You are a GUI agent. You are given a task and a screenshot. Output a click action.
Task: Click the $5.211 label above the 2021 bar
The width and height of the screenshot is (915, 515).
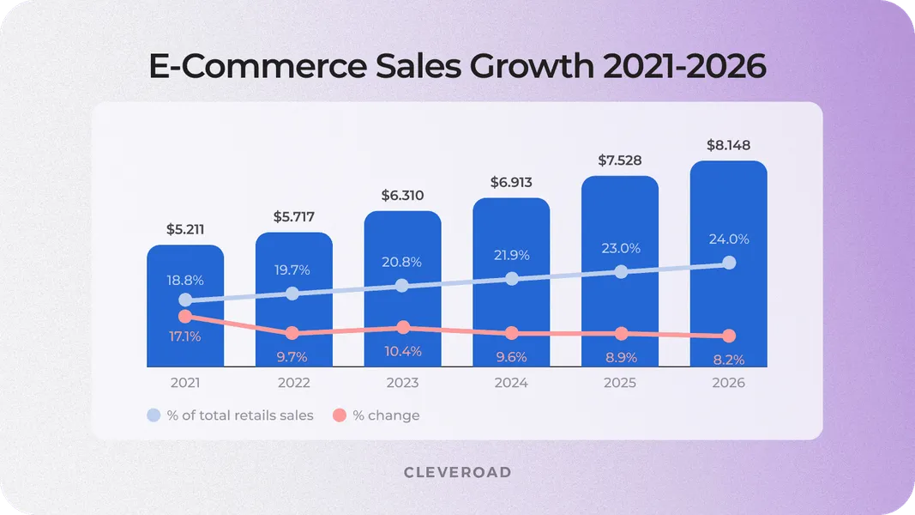(x=184, y=230)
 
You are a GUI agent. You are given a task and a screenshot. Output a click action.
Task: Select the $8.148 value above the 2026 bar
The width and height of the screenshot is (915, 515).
(x=728, y=145)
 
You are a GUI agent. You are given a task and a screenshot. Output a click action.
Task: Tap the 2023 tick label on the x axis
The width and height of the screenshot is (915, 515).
(x=402, y=383)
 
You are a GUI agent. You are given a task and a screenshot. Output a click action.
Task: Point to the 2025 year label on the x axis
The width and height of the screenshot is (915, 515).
(x=619, y=383)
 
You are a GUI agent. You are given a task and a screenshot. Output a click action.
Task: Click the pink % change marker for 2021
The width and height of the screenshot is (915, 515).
(x=185, y=317)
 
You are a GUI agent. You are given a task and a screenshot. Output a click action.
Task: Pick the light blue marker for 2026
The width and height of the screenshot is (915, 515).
(x=729, y=263)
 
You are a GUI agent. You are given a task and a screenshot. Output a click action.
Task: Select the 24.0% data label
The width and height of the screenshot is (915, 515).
(x=728, y=239)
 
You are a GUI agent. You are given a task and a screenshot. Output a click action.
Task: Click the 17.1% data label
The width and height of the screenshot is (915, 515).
(x=184, y=336)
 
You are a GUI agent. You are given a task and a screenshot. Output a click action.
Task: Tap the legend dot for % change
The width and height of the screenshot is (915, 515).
(x=340, y=415)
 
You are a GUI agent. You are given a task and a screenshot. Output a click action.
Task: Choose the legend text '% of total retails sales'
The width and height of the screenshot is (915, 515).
(x=240, y=415)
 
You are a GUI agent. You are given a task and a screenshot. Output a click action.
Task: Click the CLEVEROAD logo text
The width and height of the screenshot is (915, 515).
(x=457, y=473)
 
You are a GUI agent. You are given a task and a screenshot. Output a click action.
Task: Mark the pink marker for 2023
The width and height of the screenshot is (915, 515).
(x=403, y=328)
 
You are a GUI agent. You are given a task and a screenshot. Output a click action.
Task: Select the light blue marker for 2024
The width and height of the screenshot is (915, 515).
(x=512, y=278)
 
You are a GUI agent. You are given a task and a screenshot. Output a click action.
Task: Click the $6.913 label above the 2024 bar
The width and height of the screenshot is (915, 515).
(x=511, y=183)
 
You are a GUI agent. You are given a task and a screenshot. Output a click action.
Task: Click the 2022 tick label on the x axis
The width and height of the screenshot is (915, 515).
(x=293, y=383)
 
